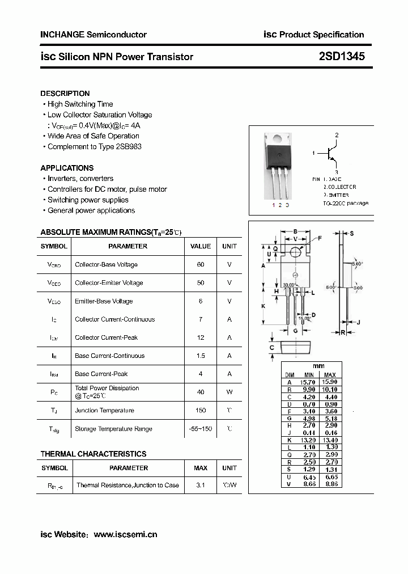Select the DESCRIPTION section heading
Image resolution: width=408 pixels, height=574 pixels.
pos(65,94)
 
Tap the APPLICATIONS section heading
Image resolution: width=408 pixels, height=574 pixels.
pos(67,168)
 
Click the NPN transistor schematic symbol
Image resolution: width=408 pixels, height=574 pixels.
pos(331,154)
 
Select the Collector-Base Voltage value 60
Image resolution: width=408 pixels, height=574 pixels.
pos(201,265)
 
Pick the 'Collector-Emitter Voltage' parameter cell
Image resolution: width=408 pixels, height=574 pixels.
pos(109,283)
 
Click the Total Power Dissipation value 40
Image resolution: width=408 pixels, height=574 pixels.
pos(201,392)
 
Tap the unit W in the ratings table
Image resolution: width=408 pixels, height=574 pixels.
pos(229,392)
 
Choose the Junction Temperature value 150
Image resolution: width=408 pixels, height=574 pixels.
pos(201,411)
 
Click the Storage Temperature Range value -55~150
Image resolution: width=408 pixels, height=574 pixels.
pos(201,429)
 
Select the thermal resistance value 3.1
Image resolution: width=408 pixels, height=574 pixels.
pos(201,486)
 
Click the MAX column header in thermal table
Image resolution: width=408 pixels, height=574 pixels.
pos(201,469)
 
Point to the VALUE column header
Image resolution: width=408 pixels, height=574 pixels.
pos(201,247)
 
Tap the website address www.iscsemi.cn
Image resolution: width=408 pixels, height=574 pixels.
pos(125,535)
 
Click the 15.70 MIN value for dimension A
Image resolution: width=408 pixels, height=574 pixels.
pos(309,383)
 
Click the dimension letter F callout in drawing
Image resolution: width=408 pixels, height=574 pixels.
pos(319,238)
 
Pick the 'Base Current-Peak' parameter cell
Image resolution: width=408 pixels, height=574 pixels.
pos(101,374)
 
